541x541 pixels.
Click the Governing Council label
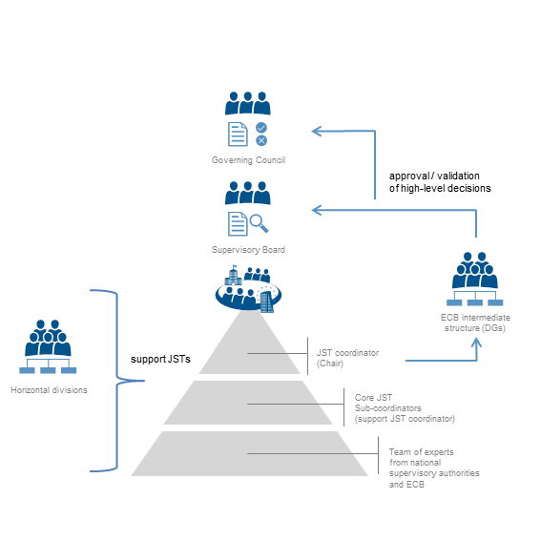tap(248, 160)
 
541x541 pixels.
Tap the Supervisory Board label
tap(248, 250)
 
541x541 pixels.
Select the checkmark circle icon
tap(261, 128)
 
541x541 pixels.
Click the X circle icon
tap(261, 140)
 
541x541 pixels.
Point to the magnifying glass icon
tap(259, 223)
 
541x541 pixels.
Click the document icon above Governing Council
tap(238, 135)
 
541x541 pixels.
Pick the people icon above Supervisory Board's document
tap(248, 193)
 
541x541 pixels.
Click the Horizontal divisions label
tap(49, 390)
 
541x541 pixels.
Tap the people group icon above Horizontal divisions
tap(48, 346)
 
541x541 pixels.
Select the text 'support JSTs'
tap(160, 359)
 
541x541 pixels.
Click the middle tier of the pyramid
tap(248, 403)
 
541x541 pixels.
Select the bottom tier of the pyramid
tap(249, 453)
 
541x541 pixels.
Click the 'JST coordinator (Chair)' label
tap(347, 358)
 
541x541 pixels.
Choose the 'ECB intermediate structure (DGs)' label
tap(475, 323)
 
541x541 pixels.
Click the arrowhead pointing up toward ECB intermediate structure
tap(476, 342)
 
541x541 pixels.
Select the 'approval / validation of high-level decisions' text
tap(440, 182)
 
